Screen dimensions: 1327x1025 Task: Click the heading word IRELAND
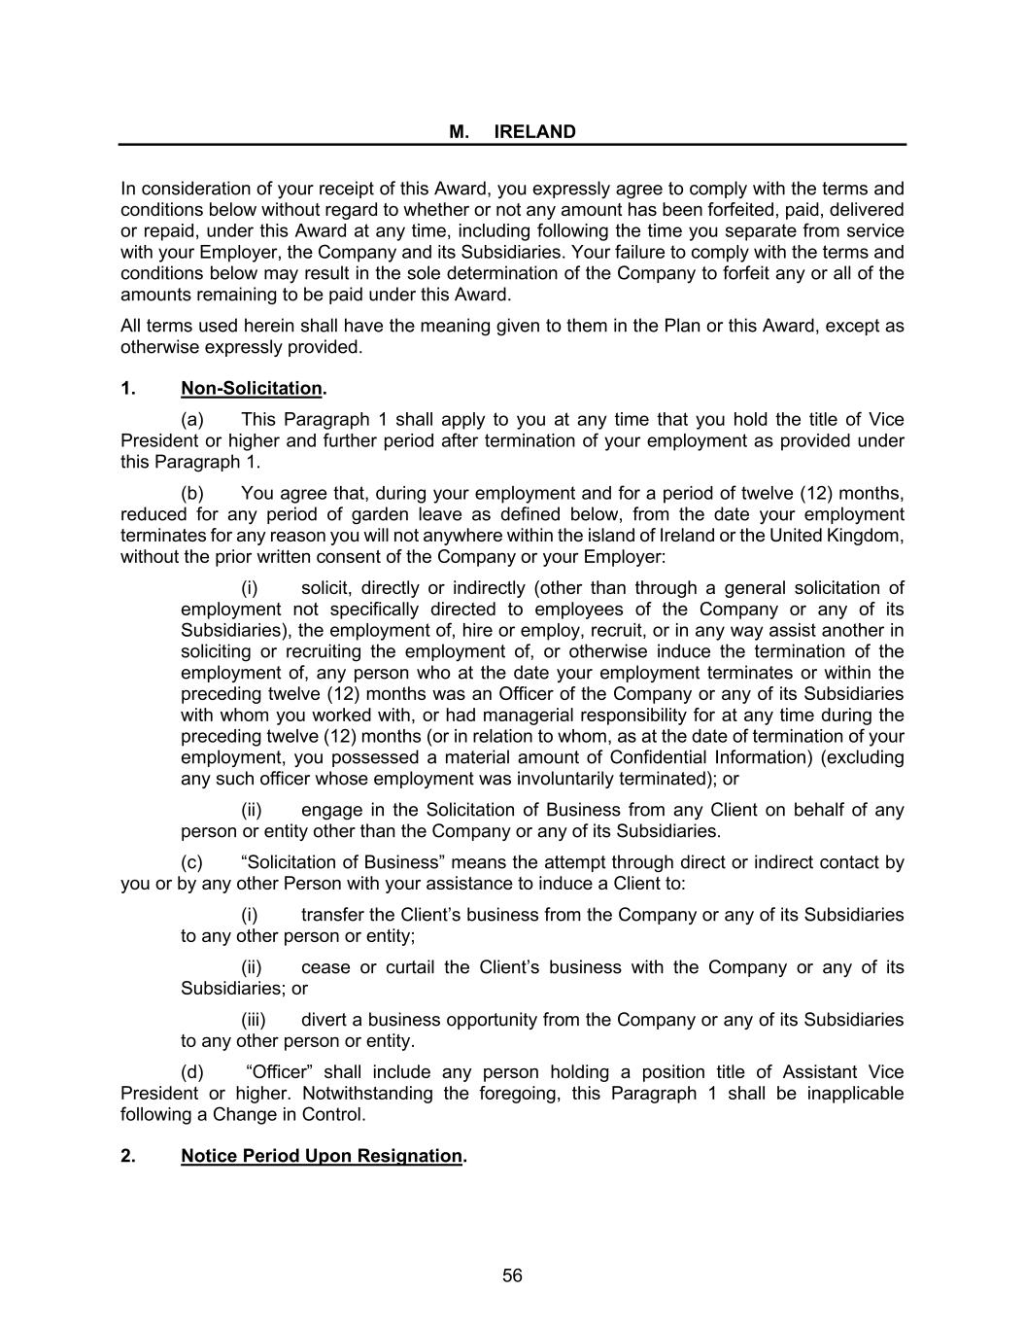click(534, 132)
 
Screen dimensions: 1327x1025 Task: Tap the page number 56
click(513, 1275)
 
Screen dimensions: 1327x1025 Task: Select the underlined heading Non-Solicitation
click(251, 389)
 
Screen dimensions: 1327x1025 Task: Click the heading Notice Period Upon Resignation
click(322, 1156)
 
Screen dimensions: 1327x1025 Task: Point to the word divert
click(325, 1020)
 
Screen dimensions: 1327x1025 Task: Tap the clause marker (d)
click(192, 1072)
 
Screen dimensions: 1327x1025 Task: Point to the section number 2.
click(128, 1156)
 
